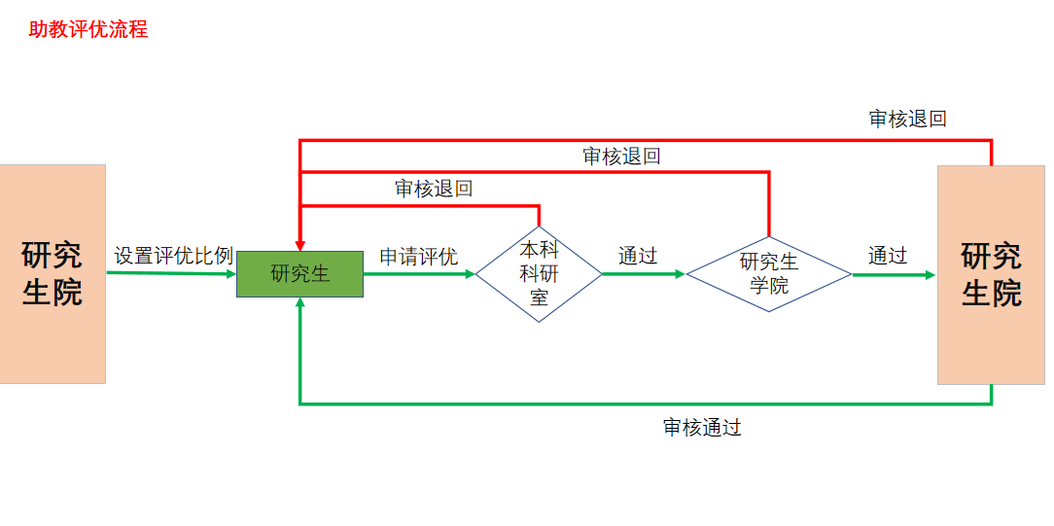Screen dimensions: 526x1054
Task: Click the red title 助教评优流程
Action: [88, 29]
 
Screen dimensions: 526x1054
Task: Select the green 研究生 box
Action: [299, 274]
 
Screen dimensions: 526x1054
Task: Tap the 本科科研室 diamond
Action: [539, 273]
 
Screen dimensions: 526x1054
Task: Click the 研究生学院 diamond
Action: [769, 274]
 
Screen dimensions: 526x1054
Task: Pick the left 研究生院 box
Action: [53, 274]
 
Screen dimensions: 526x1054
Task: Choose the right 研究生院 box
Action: [991, 274]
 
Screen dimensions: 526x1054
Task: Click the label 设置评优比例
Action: [174, 256]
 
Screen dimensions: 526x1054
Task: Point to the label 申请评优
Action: [418, 257]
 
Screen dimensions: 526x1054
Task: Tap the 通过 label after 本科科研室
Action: [638, 256]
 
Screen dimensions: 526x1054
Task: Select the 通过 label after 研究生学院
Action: [888, 256]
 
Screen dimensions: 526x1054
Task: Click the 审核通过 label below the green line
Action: [702, 428]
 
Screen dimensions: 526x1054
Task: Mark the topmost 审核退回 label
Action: [907, 119]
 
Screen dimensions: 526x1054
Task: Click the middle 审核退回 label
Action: [621, 156]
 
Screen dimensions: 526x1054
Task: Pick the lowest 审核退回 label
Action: [434, 189]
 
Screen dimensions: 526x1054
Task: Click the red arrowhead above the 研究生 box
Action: [300, 244]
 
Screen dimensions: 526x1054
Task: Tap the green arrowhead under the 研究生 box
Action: [300, 303]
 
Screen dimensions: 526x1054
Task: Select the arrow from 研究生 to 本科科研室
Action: [418, 274]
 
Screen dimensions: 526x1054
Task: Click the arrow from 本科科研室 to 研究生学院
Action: [643, 274]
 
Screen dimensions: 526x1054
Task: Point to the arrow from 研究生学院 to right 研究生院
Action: [893, 275]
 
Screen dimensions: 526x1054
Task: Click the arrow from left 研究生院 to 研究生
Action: [171, 273]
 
